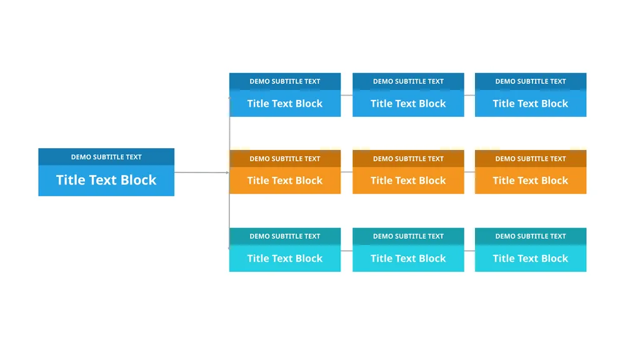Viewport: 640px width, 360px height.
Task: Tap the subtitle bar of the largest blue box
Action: tap(106, 157)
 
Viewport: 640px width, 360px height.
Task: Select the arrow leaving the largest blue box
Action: tap(202, 172)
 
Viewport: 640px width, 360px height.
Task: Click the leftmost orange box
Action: tap(285, 172)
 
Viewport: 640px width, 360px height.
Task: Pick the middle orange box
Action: tap(408, 172)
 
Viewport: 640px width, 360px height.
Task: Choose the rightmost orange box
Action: tap(531, 172)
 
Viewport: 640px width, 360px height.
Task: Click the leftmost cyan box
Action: tap(285, 250)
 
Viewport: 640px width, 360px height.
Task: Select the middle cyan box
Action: tap(408, 250)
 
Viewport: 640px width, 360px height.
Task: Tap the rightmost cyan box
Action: tap(531, 250)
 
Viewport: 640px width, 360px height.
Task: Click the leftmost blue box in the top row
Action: tap(285, 95)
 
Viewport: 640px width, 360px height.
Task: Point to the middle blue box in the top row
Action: tap(408, 95)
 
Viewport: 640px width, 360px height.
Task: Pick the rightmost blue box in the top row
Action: tap(531, 95)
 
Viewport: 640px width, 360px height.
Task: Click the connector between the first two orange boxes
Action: tap(346, 172)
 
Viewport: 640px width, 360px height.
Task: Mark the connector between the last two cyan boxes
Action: tap(469, 251)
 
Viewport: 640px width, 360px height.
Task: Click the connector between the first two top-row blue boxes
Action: tap(346, 95)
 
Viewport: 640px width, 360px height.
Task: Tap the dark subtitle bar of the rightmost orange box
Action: tap(531, 158)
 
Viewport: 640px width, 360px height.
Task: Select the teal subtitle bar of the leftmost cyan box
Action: tap(285, 236)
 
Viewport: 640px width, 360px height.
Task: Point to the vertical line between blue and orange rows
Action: tap(229, 134)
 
